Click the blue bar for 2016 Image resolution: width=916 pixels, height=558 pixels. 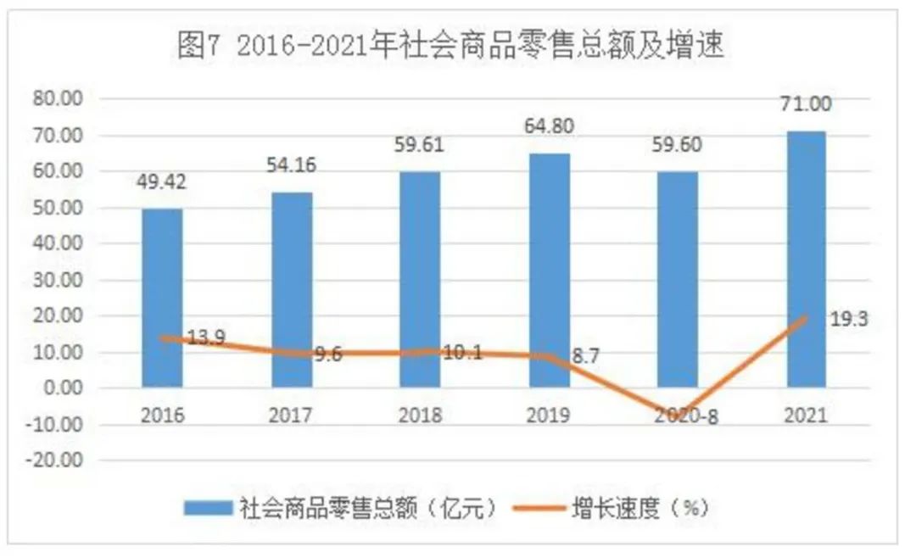pos(162,298)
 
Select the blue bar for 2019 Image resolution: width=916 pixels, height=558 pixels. pos(550,271)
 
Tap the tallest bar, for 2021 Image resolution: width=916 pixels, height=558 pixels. pos(805,259)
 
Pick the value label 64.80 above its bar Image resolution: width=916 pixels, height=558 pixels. pos(550,127)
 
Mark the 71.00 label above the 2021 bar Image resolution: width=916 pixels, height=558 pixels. pos(805,104)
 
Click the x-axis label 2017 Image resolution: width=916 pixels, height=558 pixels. pos(291,416)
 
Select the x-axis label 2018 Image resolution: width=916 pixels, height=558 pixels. pos(420,416)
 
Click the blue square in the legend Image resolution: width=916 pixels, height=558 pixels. pos(207,508)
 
